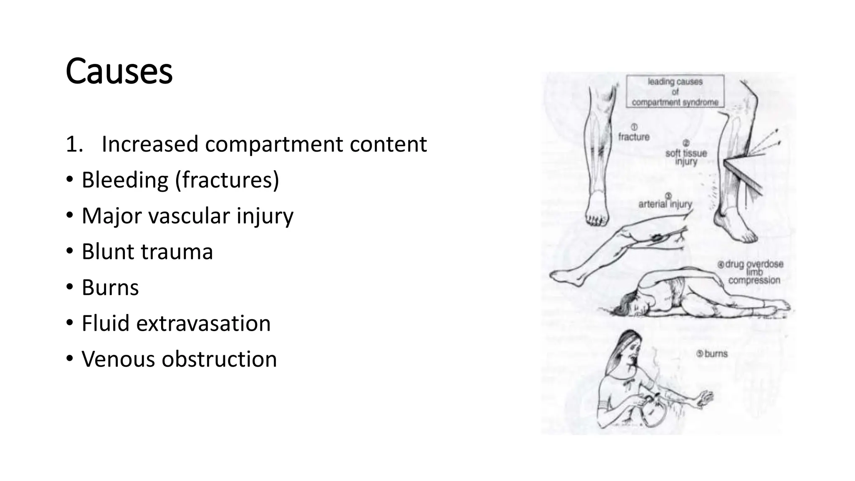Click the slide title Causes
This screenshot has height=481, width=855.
pos(119,71)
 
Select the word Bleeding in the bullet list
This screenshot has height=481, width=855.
pos(125,180)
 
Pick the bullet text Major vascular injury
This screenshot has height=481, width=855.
pos(187,216)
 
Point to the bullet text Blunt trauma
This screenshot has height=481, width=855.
pos(147,252)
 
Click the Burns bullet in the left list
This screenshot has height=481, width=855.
pos(110,288)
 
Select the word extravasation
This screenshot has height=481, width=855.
pos(203,324)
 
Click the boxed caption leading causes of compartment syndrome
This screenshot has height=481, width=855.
pos(675,91)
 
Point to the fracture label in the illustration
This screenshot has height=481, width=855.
pos(634,137)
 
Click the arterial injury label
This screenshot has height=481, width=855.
pos(665,204)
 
